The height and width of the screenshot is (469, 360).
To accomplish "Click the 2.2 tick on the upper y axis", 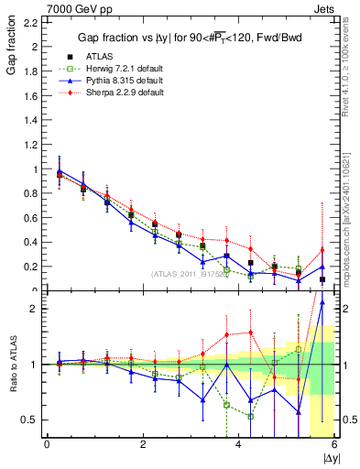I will tap(31, 23).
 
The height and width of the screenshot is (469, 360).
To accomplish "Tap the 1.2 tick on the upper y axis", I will tap(31, 145).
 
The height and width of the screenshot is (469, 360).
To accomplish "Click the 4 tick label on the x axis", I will tap(239, 444).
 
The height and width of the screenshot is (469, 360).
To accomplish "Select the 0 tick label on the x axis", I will tap(47, 444).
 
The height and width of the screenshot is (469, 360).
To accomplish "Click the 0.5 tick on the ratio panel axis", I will tap(29, 420).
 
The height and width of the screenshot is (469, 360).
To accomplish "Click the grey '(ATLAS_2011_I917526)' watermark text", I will tap(191, 273).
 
